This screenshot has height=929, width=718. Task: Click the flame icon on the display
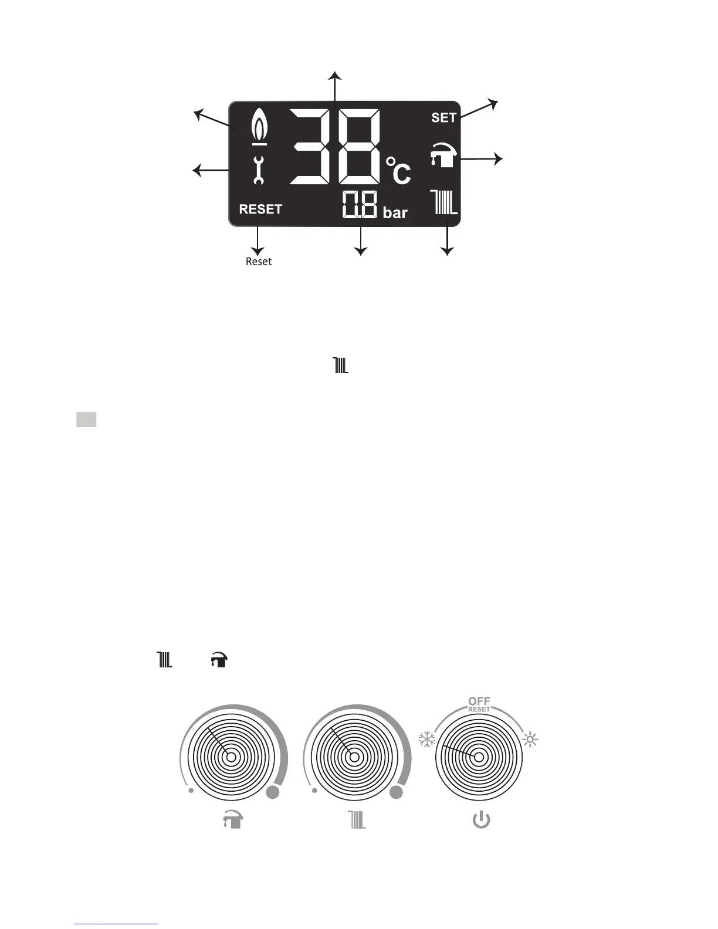click(259, 127)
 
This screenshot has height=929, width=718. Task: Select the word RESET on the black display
click(260, 209)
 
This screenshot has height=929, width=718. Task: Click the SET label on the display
click(443, 118)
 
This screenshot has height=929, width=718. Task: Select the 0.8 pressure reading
click(360, 206)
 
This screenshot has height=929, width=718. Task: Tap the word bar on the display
click(395, 212)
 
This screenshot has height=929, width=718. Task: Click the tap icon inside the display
click(444, 155)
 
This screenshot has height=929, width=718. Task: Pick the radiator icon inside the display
click(444, 202)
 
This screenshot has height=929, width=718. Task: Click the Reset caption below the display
click(259, 262)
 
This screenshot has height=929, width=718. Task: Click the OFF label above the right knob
click(479, 701)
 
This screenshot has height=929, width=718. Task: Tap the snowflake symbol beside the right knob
click(426, 740)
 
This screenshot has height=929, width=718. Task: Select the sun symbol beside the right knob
click(530, 740)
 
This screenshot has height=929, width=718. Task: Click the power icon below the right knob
click(481, 820)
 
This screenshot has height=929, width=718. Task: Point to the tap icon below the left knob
click(232, 820)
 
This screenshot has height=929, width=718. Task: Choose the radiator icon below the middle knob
click(357, 820)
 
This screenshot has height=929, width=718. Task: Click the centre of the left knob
click(231, 757)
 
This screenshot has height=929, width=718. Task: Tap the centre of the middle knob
click(354, 757)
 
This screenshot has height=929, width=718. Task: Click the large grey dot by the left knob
click(273, 793)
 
